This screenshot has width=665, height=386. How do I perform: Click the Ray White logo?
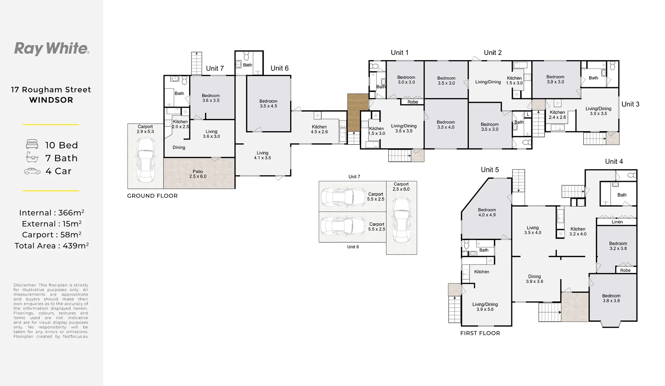52,49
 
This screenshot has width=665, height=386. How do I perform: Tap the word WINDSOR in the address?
51,100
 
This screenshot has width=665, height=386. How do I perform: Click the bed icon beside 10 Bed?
32,144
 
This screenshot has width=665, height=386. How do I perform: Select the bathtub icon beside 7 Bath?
32,157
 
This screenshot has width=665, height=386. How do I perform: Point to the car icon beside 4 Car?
32,171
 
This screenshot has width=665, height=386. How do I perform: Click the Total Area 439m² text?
51,246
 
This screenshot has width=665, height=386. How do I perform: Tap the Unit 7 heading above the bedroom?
215,68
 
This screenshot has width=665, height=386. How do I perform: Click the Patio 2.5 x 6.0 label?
198,174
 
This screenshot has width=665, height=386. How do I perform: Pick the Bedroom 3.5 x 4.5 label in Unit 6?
268,104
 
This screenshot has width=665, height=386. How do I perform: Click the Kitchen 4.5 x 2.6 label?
319,129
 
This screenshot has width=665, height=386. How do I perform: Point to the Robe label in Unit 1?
413,102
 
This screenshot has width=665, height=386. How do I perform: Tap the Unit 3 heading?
630,104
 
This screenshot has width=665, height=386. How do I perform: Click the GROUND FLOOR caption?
152,196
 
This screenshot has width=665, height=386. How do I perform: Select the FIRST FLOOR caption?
480,333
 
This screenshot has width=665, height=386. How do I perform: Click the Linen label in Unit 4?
617,222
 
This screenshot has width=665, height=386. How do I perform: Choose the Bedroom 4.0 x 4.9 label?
487,212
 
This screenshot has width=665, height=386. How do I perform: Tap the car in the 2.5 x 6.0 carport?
401,220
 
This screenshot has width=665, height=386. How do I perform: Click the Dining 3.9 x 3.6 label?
534,279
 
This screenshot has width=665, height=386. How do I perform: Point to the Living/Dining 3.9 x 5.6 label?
485,307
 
